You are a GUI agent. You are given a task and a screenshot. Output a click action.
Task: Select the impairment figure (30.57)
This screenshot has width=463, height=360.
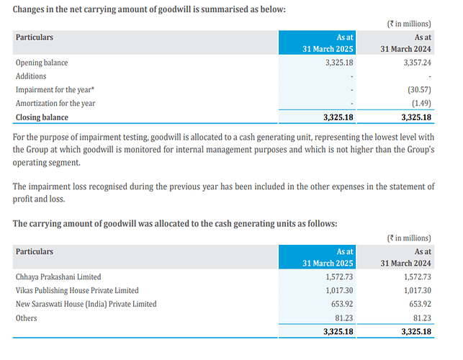point(416,90)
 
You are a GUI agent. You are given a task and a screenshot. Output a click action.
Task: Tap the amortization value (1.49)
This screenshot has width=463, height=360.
point(419,104)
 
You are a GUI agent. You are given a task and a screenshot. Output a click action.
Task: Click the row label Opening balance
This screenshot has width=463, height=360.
point(42,63)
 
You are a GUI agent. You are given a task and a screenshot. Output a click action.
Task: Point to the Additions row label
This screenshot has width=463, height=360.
point(31,76)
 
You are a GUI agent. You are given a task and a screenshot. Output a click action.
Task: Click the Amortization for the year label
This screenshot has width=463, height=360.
point(55,104)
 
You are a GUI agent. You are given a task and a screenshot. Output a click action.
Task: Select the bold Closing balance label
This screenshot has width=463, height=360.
point(42,117)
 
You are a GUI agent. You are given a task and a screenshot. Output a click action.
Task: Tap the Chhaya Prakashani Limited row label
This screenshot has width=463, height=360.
point(58,276)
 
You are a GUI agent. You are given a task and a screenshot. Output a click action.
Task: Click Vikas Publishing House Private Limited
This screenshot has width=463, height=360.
point(77,290)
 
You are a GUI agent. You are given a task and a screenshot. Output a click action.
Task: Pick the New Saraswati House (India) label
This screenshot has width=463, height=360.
point(86,304)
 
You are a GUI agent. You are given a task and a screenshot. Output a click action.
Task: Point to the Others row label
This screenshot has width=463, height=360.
point(27,318)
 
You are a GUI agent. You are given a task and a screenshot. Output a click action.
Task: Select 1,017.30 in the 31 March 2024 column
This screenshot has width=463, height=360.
point(413,290)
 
